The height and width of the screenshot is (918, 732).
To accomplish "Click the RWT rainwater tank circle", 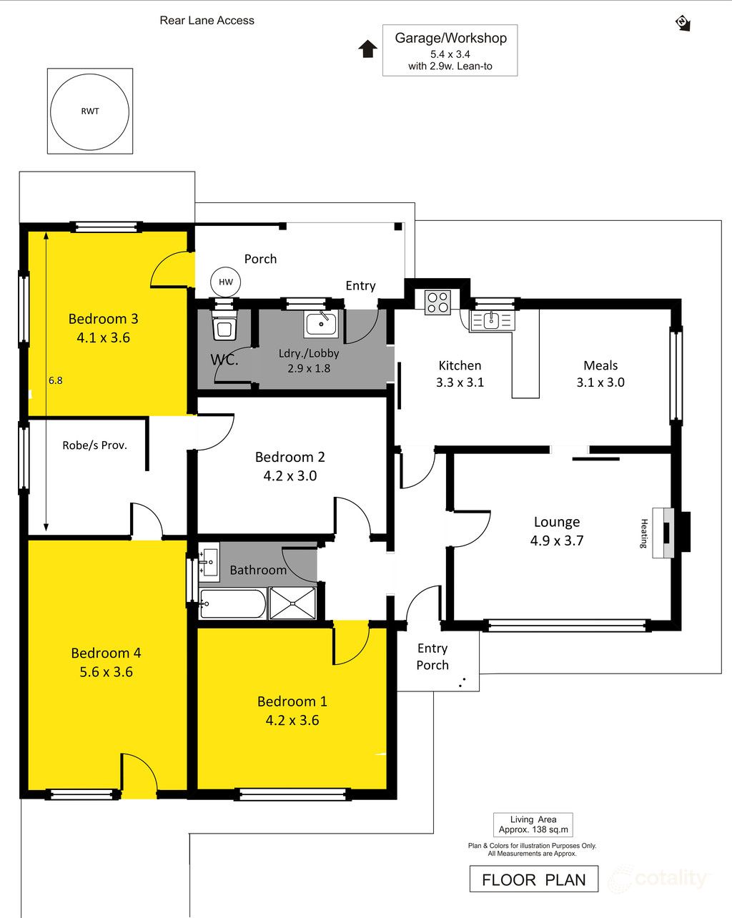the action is click(51, 112).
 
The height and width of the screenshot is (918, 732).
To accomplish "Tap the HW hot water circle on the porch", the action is click(211, 282).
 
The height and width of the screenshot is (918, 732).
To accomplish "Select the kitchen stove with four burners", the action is click(437, 302).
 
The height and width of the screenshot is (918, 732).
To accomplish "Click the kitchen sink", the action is click(491, 320).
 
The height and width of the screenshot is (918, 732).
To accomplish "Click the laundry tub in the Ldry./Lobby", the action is click(321, 324).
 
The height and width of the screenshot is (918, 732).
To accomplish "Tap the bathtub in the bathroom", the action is click(232, 603).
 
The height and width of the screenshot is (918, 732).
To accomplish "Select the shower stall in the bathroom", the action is click(292, 603).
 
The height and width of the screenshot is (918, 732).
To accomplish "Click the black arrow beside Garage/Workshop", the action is click(367, 49).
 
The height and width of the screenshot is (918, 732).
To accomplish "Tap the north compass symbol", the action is click(683, 23).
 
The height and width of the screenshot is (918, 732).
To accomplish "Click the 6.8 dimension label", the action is click(56, 380).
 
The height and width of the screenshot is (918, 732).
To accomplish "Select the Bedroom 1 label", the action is click(292, 701).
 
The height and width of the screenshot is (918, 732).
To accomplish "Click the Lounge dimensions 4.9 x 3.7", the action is click(557, 541).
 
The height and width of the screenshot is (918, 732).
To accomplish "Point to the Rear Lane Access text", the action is click(207, 21).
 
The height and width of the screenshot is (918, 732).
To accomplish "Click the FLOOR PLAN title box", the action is click(534, 879).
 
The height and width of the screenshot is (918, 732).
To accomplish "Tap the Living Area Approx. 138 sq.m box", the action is click(533, 824).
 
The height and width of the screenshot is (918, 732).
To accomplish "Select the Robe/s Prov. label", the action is click(94, 445).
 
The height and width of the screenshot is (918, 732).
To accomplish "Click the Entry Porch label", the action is click(432, 656).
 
